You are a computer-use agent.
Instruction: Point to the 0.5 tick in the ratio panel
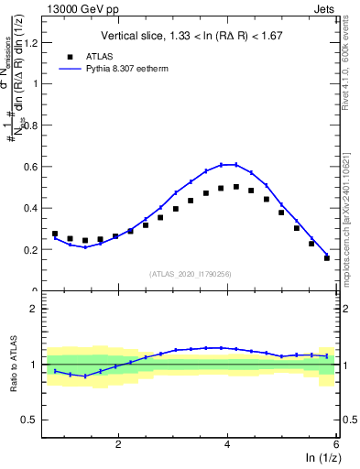coord(34,420)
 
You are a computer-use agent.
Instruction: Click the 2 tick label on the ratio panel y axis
coord(38,310)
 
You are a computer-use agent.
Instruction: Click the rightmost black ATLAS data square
coord(327,257)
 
